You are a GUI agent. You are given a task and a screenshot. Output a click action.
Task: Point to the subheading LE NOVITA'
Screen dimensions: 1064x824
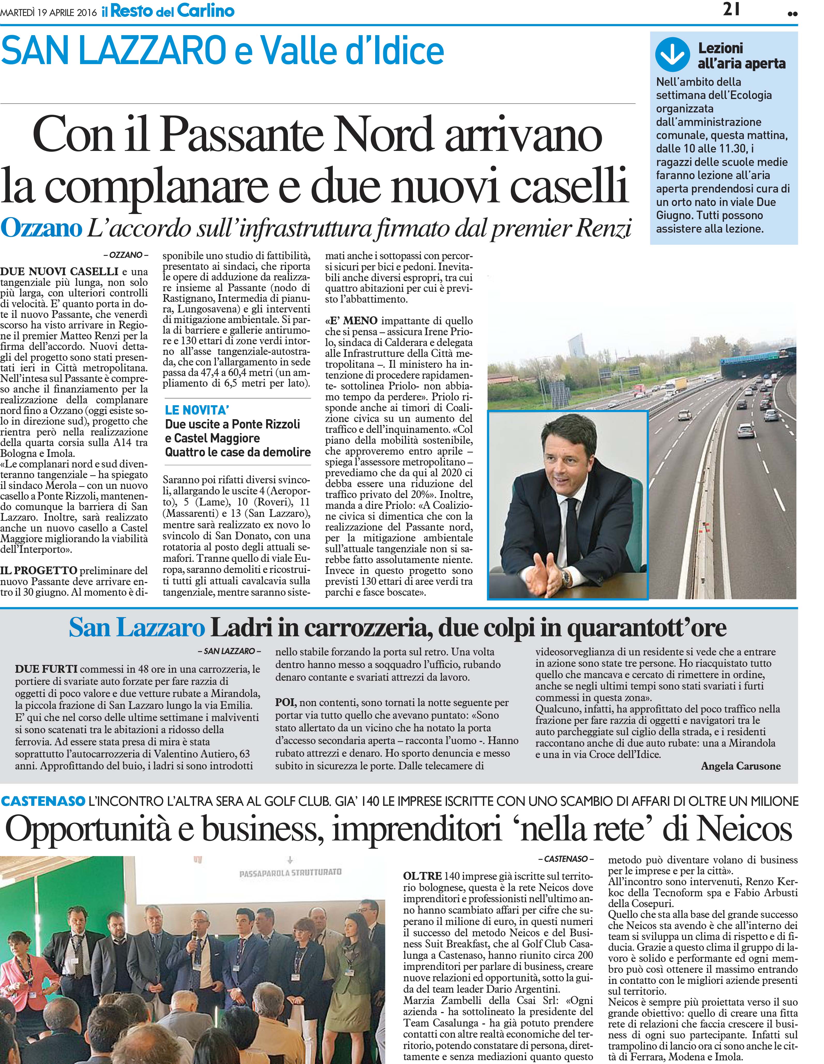pos(197,410)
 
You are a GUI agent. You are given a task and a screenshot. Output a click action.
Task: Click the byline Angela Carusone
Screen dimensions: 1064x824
pos(740,766)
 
